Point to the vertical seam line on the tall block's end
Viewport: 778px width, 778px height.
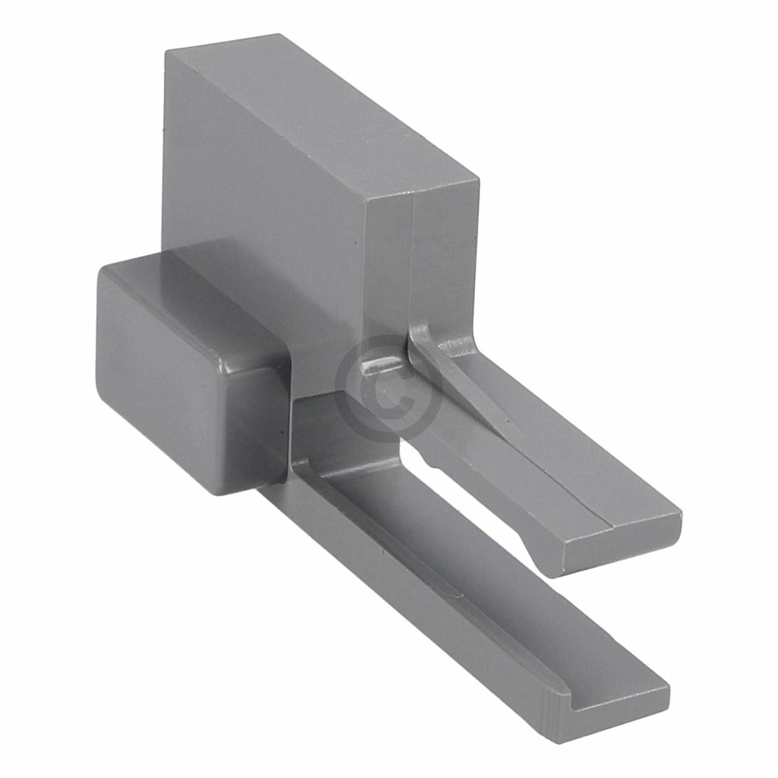coord(412,264)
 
